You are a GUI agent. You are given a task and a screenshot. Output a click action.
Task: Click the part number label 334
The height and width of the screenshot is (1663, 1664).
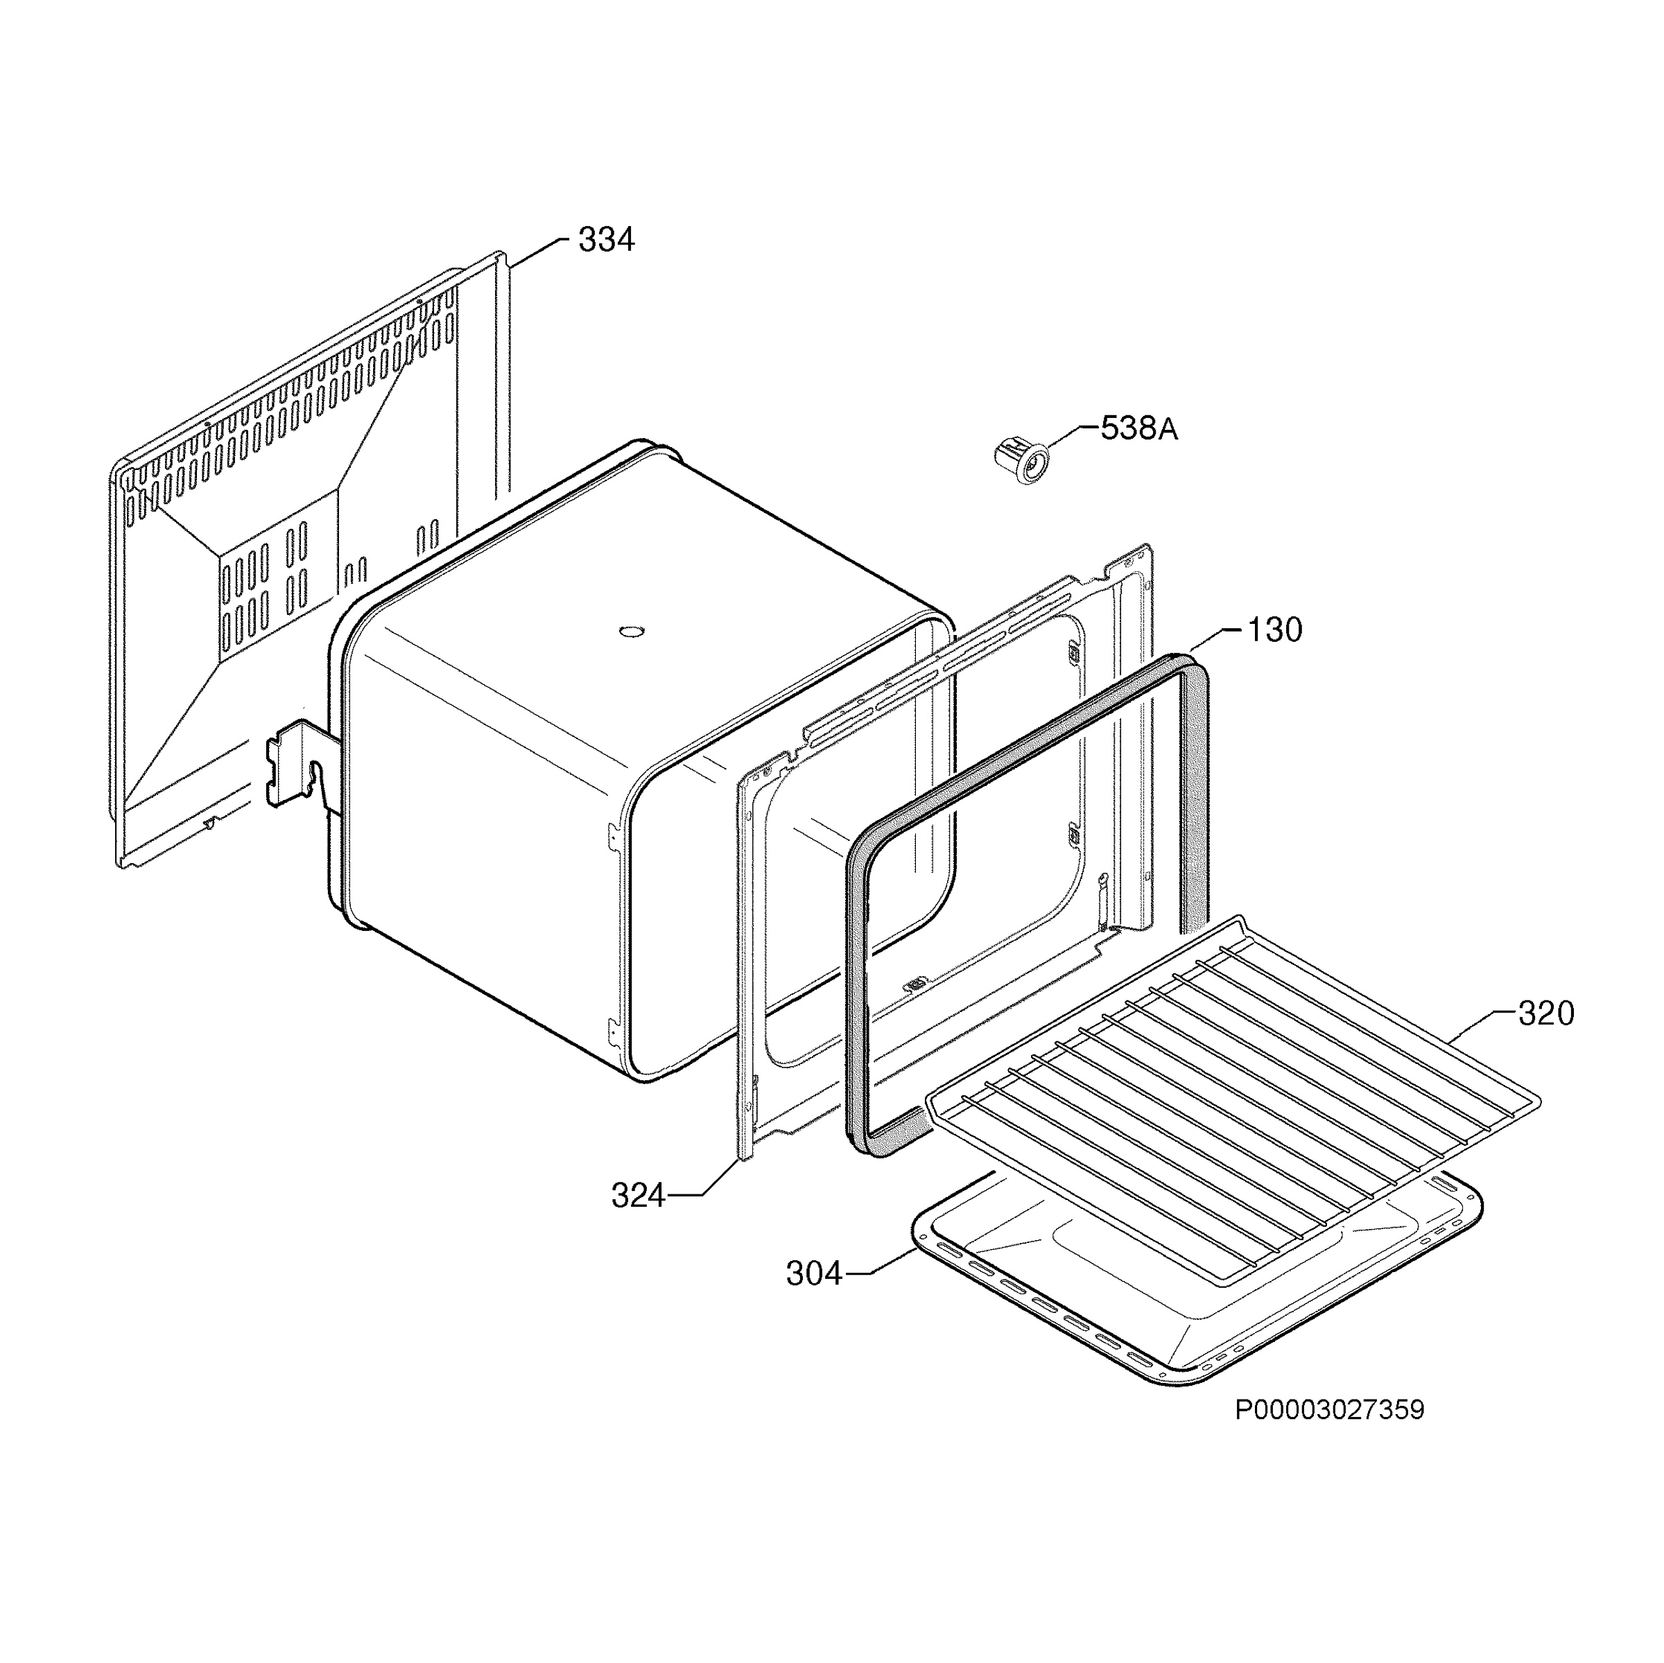click(607, 241)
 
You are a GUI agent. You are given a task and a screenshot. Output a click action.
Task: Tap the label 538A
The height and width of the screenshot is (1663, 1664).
click(1138, 429)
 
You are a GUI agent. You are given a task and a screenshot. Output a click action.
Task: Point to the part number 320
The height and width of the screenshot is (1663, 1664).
click(1546, 1013)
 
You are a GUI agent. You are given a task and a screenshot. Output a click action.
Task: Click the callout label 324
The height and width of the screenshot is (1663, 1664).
click(638, 1196)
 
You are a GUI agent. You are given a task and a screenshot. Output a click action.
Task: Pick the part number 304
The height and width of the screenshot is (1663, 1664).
click(814, 1273)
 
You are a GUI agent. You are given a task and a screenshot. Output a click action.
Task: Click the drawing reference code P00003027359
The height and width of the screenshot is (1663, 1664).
click(1330, 1411)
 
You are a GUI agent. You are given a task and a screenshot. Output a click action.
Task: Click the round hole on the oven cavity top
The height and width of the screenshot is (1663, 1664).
click(632, 632)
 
